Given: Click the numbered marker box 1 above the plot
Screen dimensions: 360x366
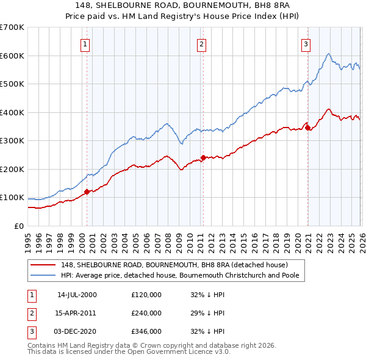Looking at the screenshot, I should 85,43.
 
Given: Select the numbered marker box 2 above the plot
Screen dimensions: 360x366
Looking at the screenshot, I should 201,43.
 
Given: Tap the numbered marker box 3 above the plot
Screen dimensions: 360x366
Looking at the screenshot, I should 305,43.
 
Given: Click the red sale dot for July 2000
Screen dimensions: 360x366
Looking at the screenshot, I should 87,192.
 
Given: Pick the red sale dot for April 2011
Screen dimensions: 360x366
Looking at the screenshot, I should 203,157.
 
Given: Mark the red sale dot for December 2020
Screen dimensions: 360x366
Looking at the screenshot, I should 308,128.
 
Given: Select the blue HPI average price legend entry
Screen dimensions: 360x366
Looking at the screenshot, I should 183,275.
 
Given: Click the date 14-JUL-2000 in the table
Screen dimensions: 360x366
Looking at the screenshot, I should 77,295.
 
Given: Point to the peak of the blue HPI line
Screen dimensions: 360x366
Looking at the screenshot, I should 328,54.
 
